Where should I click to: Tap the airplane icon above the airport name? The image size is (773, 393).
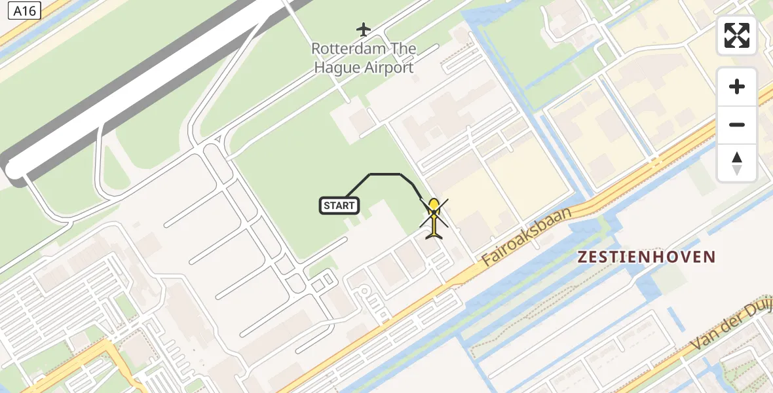(364, 29)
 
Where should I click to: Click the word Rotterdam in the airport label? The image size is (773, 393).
(341, 49)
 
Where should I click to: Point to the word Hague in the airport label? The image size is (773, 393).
(336, 67)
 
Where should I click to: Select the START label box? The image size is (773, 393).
(339, 206)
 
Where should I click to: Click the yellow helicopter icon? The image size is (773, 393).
(434, 217)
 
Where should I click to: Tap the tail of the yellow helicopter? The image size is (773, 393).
(434, 233)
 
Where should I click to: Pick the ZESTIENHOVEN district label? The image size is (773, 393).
(646, 257)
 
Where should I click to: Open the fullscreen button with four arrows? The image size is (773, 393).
(737, 35)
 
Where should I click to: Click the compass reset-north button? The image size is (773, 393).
(737, 163)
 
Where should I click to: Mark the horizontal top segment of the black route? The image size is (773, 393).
(385, 174)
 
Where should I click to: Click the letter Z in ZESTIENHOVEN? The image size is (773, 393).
(582, 257)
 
